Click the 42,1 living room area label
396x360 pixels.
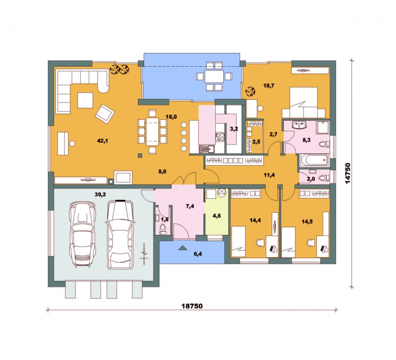[102, 141]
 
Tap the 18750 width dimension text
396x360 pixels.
[192, 306]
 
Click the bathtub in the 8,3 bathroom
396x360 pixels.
[315, 160]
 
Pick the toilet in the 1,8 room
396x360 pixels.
[163, 229]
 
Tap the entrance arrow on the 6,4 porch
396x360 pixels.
[182, 247]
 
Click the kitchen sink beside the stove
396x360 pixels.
[206, 149]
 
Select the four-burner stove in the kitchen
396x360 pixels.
[220, 137]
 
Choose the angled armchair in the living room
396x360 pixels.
[104, 114]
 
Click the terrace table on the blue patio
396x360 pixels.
[214, 77]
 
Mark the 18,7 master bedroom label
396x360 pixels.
[269, 86]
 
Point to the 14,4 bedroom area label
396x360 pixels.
[255, 220]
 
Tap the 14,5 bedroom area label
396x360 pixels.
[307, 222]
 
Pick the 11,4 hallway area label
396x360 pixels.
[269, 175]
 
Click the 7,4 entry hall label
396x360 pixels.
[190, 206]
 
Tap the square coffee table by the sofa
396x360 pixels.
[85, 100]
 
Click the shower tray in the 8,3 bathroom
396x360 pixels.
[323, 128]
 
